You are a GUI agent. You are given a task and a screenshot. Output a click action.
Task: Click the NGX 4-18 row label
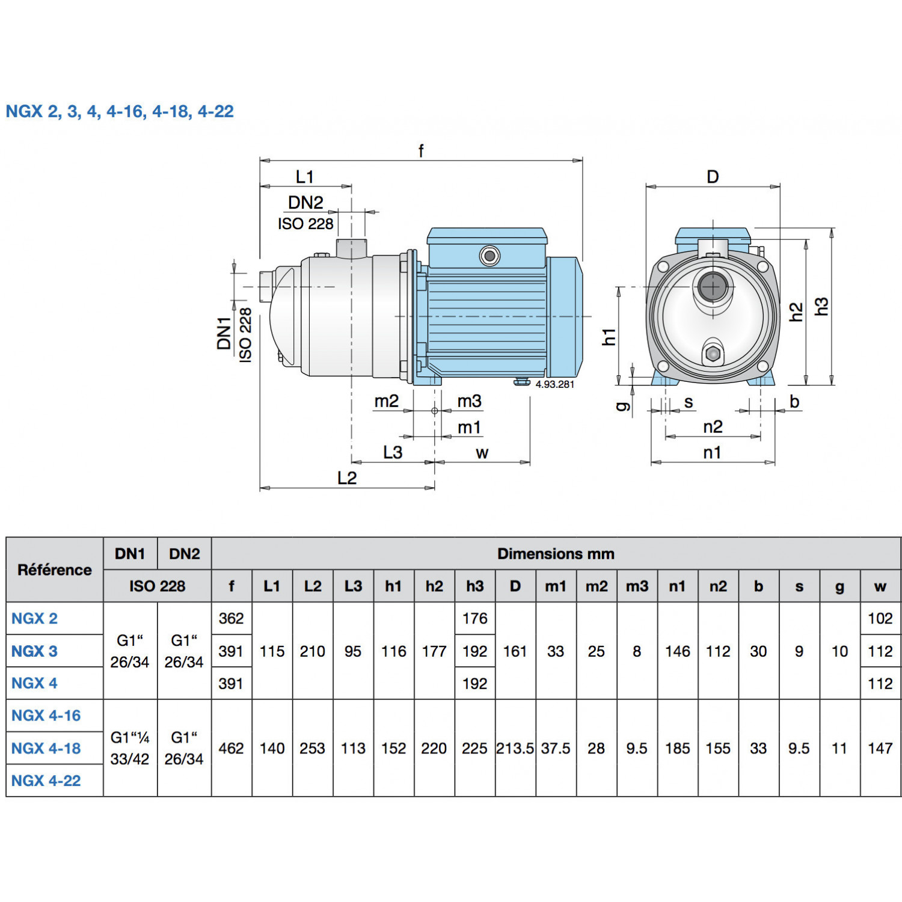[x=46, y=748]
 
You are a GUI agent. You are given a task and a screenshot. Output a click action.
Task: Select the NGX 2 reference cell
[x=35, y=618]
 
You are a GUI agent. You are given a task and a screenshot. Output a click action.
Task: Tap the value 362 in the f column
[x=231, y=618]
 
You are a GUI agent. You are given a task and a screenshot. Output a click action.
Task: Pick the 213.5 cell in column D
[x=515, y=748]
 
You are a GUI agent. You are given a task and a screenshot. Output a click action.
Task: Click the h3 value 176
[x=474, y=618]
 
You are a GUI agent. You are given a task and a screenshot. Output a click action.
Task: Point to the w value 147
[x=880, y=748]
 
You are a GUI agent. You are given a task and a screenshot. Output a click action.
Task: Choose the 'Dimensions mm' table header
[x=556, y=554]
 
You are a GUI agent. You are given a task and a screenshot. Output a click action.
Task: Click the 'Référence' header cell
[x=55, y=569]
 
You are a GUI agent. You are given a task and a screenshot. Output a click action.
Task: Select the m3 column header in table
[x=637, y=586]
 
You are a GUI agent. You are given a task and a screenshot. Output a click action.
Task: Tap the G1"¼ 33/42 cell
[x=130, y=748]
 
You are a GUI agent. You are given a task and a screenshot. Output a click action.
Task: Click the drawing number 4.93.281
[x=554, y=384]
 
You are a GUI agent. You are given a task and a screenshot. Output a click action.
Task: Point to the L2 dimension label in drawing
[x=347, y=478]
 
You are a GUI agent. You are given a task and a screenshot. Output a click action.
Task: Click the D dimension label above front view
[x=713, y=177]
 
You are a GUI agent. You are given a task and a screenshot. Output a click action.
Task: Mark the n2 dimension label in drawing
[x=713, y=427]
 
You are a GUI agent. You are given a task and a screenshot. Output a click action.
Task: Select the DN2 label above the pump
[x=305, y=203]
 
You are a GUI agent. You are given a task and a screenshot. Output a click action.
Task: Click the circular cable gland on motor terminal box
[x=489, y=256]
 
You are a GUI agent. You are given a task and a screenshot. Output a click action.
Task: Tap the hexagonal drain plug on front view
[x=713, y=354]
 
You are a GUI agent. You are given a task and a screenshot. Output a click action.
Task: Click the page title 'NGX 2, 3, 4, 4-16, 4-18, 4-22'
[x=120, y=111]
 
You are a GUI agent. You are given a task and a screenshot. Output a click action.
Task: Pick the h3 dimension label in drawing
[x=821, y=307]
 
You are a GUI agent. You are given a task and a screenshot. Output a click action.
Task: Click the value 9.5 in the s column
[x=799, y=748]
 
